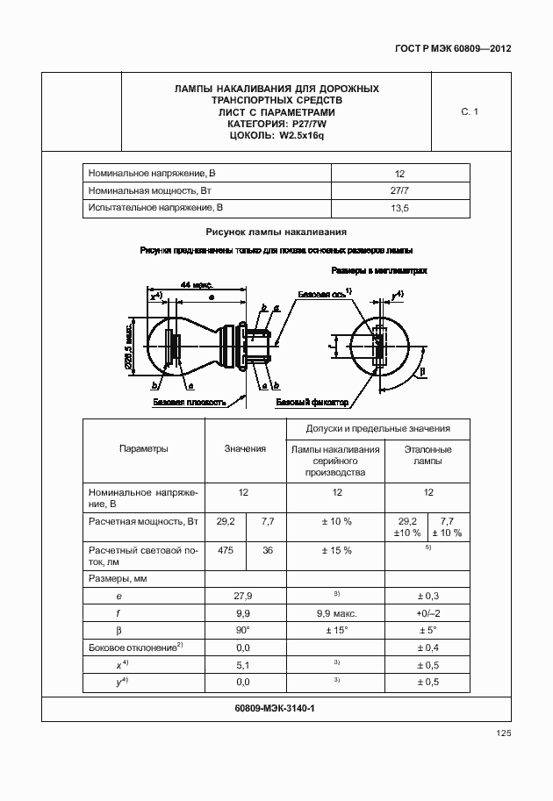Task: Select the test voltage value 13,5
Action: (399, 208)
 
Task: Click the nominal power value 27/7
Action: (399, 190)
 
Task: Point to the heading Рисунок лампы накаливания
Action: (276, 232)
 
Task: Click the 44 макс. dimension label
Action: (197, 285)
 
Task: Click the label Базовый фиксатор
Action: (312, 403)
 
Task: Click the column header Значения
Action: (245, 449)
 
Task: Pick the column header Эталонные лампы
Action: (427, 454)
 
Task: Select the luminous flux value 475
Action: (226, 550)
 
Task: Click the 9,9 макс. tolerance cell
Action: (336, 613)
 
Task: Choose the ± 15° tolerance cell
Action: (336, 630)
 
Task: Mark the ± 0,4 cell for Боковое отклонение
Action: (427, 647)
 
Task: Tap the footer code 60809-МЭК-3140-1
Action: (276, 708)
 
